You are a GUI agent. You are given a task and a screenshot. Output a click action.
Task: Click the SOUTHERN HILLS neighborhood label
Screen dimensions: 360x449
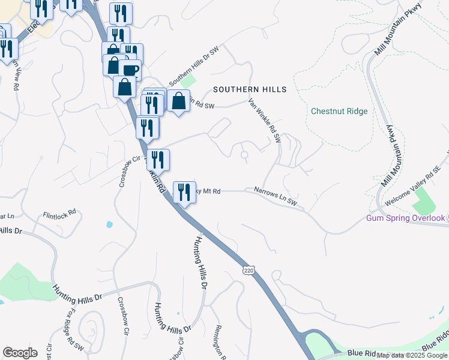(250, 89)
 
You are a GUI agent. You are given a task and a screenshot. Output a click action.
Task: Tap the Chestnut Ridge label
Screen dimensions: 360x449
(339, 111)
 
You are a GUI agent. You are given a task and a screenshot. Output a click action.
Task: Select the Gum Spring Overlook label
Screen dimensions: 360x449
(406, 218)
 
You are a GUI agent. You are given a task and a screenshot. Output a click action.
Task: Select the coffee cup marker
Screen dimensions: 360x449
(130, 69)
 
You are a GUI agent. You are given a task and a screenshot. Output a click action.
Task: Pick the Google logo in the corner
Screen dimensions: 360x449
(20, 353)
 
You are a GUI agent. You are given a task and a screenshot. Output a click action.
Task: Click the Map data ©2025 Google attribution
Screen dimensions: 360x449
(412, 355)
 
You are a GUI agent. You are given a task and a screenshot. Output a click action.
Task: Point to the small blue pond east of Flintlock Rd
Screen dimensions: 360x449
(109, 225)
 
